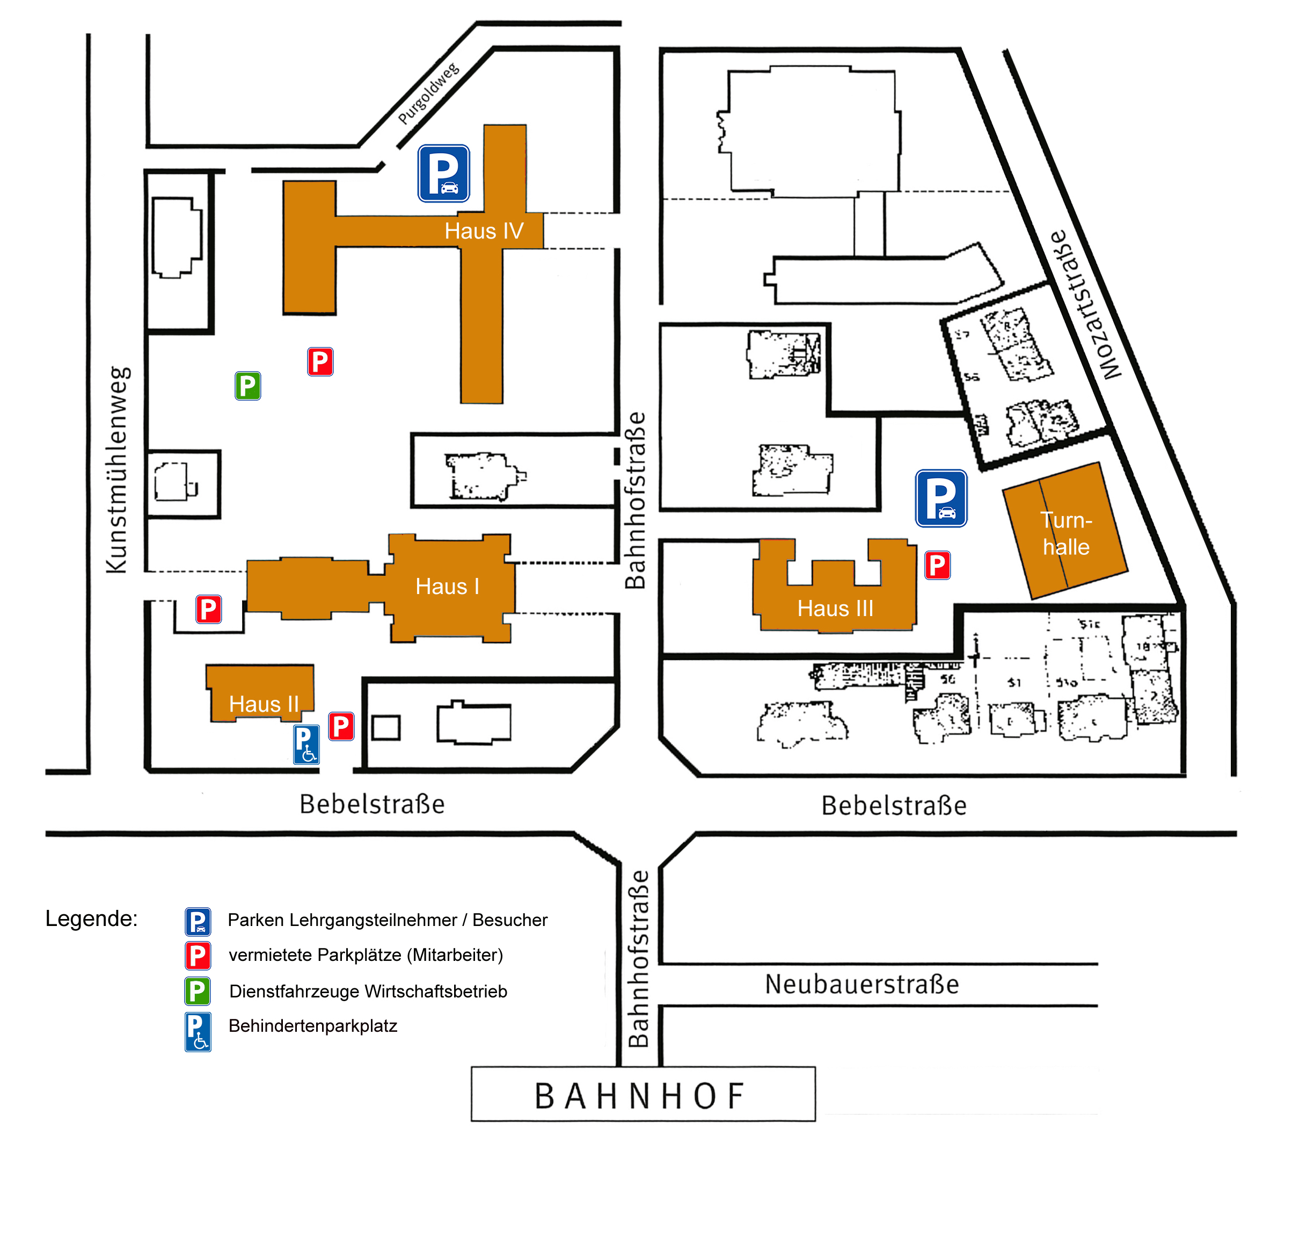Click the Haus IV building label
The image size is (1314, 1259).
click(484, 231)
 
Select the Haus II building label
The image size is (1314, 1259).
click(264, 704)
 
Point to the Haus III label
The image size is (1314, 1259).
click(835, 609)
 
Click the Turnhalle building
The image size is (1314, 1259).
click(1065, 533)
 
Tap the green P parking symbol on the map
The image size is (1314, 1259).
click(247, 386)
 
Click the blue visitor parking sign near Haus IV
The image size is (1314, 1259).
click(443, 173)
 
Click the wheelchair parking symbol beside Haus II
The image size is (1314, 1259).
click(306, 744)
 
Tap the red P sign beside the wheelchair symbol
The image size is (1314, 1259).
click(341, 726)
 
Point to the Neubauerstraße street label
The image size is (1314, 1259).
click(862, 984)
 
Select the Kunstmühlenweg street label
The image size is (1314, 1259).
click(118, 469)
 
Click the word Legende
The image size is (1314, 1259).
click(91, 918)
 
